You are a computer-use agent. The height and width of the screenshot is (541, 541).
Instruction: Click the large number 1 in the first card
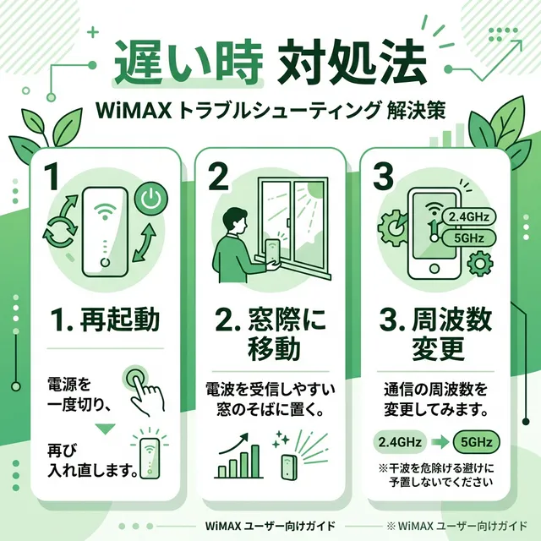coord(52,177)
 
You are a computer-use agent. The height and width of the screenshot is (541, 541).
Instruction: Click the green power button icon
coord(150,199)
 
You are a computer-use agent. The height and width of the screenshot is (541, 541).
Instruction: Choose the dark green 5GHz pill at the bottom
coord(477,441)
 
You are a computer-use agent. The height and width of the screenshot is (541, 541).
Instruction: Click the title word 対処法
coord(355,63)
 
